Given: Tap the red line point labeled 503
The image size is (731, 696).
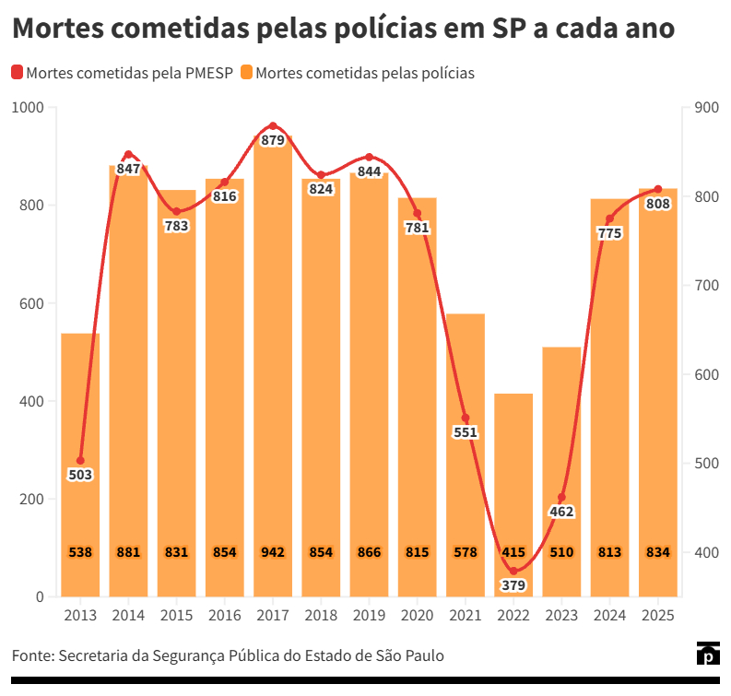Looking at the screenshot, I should [x=80, y=460].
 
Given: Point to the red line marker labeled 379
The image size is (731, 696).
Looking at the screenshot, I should [x=513, y=572].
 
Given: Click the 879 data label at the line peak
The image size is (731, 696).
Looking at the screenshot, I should [x=273, y=141].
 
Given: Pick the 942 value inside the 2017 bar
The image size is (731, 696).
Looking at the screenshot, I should [x=273, y=552].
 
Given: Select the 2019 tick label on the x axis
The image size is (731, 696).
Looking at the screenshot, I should [x=369, y=615].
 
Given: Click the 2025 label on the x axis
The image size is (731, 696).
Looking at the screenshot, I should [x=658, y=615].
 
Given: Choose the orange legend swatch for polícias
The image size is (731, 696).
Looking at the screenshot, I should [x=246, y=73].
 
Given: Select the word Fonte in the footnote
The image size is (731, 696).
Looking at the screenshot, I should [x=31, y=655].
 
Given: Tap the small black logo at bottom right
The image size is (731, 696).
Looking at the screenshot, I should [x=707, y=654].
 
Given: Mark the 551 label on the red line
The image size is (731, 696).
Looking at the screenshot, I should [x=466, y=432].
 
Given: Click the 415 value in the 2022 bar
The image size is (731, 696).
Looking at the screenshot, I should [x=513, y=552].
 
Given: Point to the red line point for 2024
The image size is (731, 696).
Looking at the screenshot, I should [x=609, y=218].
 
